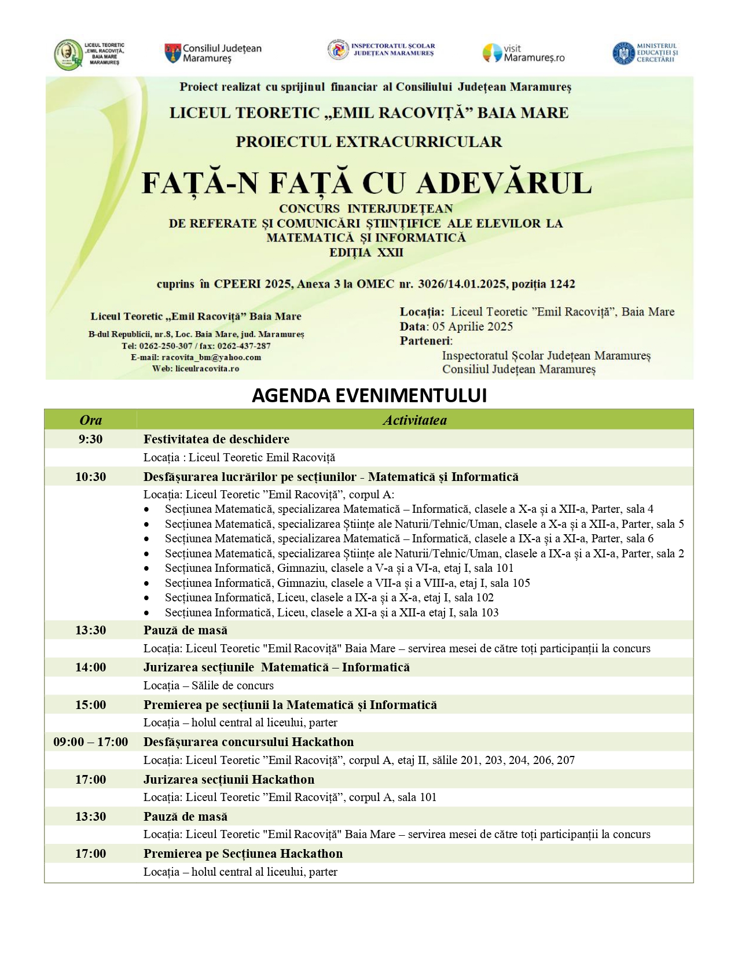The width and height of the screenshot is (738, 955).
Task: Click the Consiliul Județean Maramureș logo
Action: pyautogui.click(x=212, y=53)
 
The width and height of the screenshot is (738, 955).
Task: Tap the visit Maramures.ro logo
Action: pyautogui.click(x=523, y=53)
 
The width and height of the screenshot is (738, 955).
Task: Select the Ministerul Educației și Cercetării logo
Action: pyautogui.click(x=645, y=53)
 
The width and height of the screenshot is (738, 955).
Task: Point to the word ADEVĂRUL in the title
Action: pyautogui.click(x=504, y=183)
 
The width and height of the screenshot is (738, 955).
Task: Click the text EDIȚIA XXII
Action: pyautogui.click(x=366, y=252)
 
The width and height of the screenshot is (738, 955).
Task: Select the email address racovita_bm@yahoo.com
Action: pyautogui.click(x=211, y=357)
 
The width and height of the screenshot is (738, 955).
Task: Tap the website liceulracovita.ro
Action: pyautogui.click(x=207, y=368)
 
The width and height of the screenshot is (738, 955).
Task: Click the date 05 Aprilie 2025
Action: pyautogui.click(x=472, y=326)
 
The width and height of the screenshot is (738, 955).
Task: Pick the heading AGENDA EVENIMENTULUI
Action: pyautogui.click(x=369, y=395)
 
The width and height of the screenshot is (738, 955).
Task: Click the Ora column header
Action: pyautogui.click(x=91, y=420)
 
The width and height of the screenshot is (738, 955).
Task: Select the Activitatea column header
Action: pyautogui.click(x=414, y=420)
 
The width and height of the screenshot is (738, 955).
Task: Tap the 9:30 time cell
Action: pyautogui.click(x=91, y=439)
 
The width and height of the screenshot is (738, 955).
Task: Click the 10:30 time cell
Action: pyautogui.click(x=91, y=477)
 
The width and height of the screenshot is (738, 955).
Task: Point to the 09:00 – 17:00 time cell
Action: pyautogui.click(x=91, y=742)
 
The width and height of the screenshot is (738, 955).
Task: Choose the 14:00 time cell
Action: pyautogui.click(x=91, y=667)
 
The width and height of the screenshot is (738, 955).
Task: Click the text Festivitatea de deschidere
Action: pyautogui.click(x=216, y=439)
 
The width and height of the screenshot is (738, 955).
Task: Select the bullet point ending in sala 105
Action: pyautogui.click(x=347, y=583)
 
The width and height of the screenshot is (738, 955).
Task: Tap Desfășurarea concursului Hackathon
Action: pyautogui.click(x=248, y=742)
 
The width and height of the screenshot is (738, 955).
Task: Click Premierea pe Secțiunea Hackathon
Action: pyautogui.click(x=243, y=854)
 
